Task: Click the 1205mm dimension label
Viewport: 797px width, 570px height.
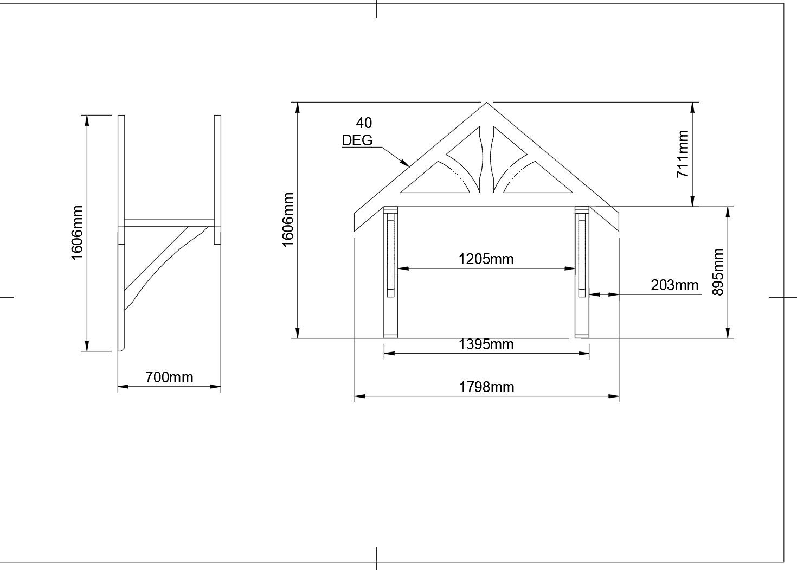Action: click(486, 259)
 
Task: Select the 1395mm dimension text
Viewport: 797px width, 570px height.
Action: click(486, 344)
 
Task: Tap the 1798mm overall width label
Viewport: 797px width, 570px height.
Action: click(486, 387)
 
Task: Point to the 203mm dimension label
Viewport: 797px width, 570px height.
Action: click(674, 285)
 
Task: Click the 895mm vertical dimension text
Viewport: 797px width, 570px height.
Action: click(718, 272)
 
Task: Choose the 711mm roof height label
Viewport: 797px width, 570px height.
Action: click(683, 154)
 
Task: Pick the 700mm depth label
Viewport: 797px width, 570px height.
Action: click(169, 377)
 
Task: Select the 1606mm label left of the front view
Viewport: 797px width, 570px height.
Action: click(288, 220)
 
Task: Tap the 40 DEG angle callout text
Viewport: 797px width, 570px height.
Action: click(358, 132)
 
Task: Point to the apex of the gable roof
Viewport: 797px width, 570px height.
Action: click(487, 103)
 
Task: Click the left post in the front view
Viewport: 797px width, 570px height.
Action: click(391, 271)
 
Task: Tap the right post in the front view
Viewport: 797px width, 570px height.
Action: click(582, 271)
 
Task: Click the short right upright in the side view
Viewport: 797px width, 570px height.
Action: click(217, 179)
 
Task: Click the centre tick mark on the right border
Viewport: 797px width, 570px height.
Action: click(783, 297)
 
